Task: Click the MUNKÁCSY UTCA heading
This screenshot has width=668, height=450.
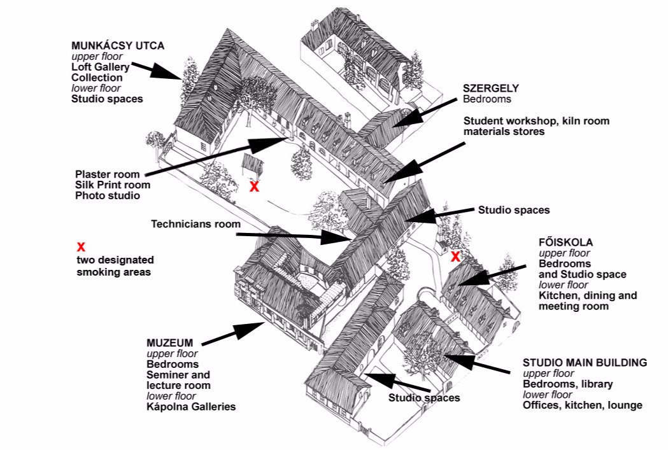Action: pyautogui.click(x=118, y=46)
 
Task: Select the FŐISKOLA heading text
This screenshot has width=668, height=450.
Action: pyautogui.click(x=565, y=243)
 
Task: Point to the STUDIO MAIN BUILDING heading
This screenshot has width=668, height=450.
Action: pyautogui.click(x=585, y=363)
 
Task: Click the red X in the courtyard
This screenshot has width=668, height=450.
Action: pyautogui.click(x=254, y=186)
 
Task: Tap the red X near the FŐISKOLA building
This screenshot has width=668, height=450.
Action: pyautogui.click(x=455, y=257)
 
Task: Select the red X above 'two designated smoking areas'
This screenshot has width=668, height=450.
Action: pyautogui.click(x=81, y=247)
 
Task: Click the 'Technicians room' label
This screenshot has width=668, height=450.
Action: pyautogui.click(x=195, y=224)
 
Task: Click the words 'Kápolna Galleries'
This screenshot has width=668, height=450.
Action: pyautogui.click(x=191, y=406)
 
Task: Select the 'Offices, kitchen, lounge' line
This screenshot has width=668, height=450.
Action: pyautogui.click(x=582, y=405)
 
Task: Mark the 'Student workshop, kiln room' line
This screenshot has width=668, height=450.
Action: pyautogui.click(x=536, y=121)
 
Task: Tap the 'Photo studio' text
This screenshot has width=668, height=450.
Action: pyautogui.click(x=107, y=196)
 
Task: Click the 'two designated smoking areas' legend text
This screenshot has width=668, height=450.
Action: pyautogui.click(x=115, y=265)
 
